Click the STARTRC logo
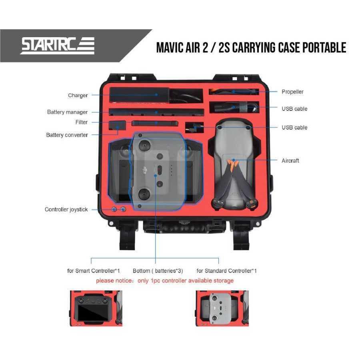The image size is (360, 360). (58, 45)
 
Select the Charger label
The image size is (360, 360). (78, 96)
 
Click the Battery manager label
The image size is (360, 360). (67, 112)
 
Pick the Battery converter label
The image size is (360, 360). (67, 135)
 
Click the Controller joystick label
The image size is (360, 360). (66, 210)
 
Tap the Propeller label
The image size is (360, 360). (292, 92)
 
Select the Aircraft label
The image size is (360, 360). (290, 161)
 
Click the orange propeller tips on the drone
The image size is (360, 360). (232, 164)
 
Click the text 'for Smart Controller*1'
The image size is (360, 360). (94, 271)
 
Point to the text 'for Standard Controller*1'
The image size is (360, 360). (226, 271)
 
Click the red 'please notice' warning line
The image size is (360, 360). (165, 281)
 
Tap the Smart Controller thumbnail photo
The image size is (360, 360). (96, 308)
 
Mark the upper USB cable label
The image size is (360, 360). (294, 109)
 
